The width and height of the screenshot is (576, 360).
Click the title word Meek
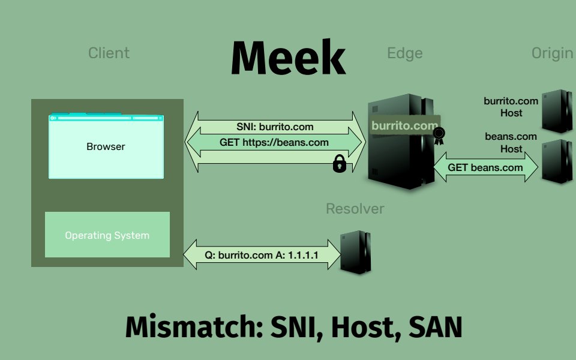[x=288, y=59]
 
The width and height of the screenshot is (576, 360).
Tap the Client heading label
[x=109, y=53]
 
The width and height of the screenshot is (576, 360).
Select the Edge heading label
[x=405, y=53]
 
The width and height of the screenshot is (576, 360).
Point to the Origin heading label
[x=552, y=53]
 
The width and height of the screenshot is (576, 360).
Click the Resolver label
[x=355, y=209]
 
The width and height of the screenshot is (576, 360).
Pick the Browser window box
[x=106, y=146]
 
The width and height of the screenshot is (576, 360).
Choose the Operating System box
[x=107, y=235]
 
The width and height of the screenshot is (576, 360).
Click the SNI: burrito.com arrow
[x=275, y=127]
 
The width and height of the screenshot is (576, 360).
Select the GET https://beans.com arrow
[x=275, y=142]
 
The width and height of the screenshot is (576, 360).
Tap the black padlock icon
[x=340, y=164]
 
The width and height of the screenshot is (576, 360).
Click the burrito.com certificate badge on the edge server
[x=404, y=125]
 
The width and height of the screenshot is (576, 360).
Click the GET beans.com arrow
[x=485, y=167]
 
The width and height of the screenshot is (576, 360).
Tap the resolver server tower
[x=355, y=253]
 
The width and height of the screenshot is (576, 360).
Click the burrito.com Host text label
[x=511, y=107]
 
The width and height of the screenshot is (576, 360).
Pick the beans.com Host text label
[x=511, y=142]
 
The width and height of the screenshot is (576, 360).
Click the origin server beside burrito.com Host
[x=556, y=111]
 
